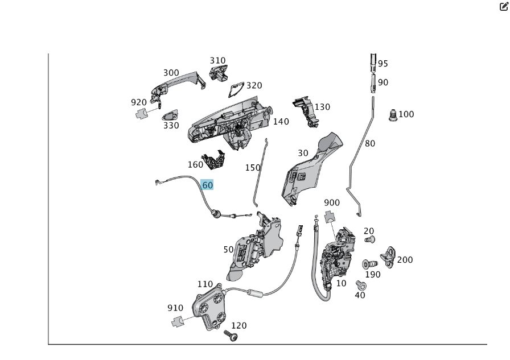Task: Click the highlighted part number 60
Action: click(207, 185)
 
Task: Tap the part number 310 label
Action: click(217, 60)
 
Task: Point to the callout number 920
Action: click(139, 102)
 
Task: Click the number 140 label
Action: click(281, 121)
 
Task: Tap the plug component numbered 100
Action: click(392, 116)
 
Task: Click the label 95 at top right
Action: click(383, 64)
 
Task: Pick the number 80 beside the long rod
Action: click(370, 143)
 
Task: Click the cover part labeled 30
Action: click(310, 168)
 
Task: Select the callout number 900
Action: click(331, 202)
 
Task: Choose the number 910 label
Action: click(175, 308)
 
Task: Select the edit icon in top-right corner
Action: click(503, 6)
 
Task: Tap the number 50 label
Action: click(228, 250)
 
